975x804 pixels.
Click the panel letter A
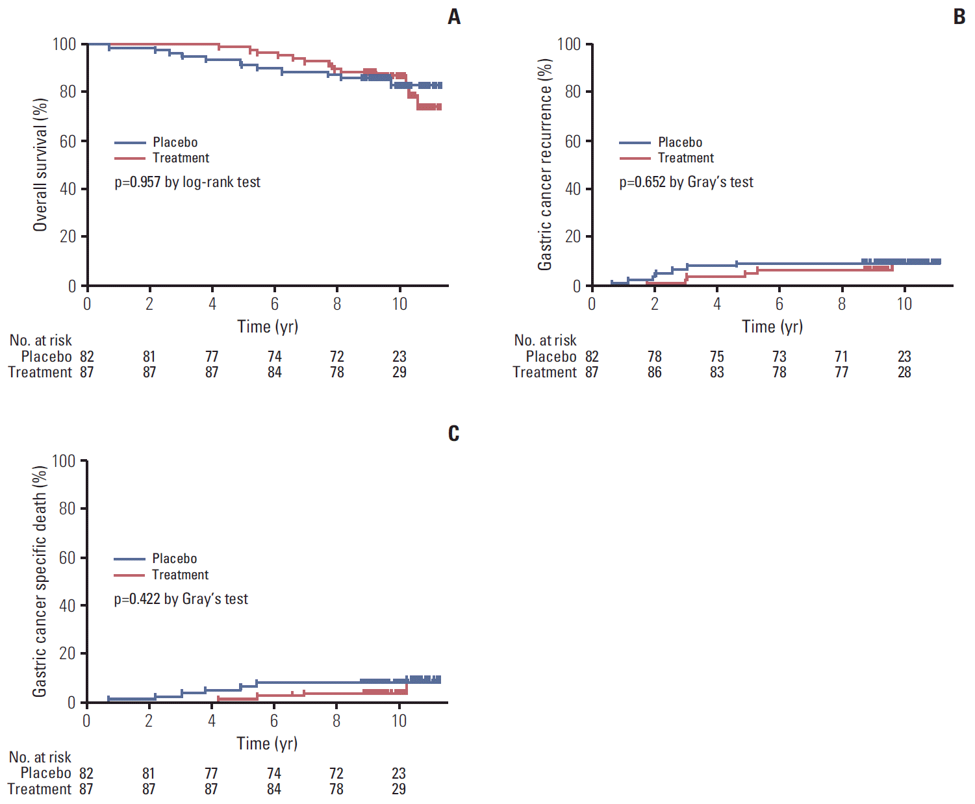(454, 17)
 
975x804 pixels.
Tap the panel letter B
(959, 17)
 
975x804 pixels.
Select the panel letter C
(453, 433)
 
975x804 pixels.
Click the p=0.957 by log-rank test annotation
(187, 182)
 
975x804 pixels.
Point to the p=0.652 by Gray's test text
(686, 182)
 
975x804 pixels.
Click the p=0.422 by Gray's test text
(181, 599)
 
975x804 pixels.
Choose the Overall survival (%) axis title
(40, 165)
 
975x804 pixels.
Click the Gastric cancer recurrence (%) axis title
(545, 165)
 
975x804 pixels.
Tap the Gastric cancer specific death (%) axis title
(40, 581)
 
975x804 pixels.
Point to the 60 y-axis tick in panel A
(68, 141)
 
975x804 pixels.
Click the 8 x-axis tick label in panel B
(842, 304)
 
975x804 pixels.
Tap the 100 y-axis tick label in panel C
(64, 461)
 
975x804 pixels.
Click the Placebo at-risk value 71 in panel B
(842, 357)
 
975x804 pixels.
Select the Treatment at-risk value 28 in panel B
(904, 372)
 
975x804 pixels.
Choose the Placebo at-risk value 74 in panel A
(275, 357)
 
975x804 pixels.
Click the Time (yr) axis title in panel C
(267, 744)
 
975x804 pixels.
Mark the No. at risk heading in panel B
(545, 340)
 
